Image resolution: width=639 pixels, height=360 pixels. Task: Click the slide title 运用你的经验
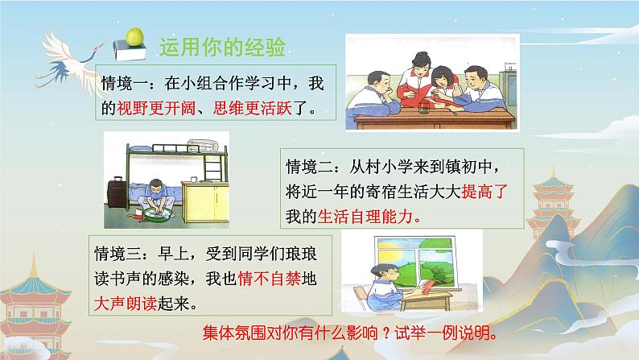[x=222, y=48]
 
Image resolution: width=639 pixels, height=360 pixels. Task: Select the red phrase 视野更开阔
[x=155, y=105]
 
